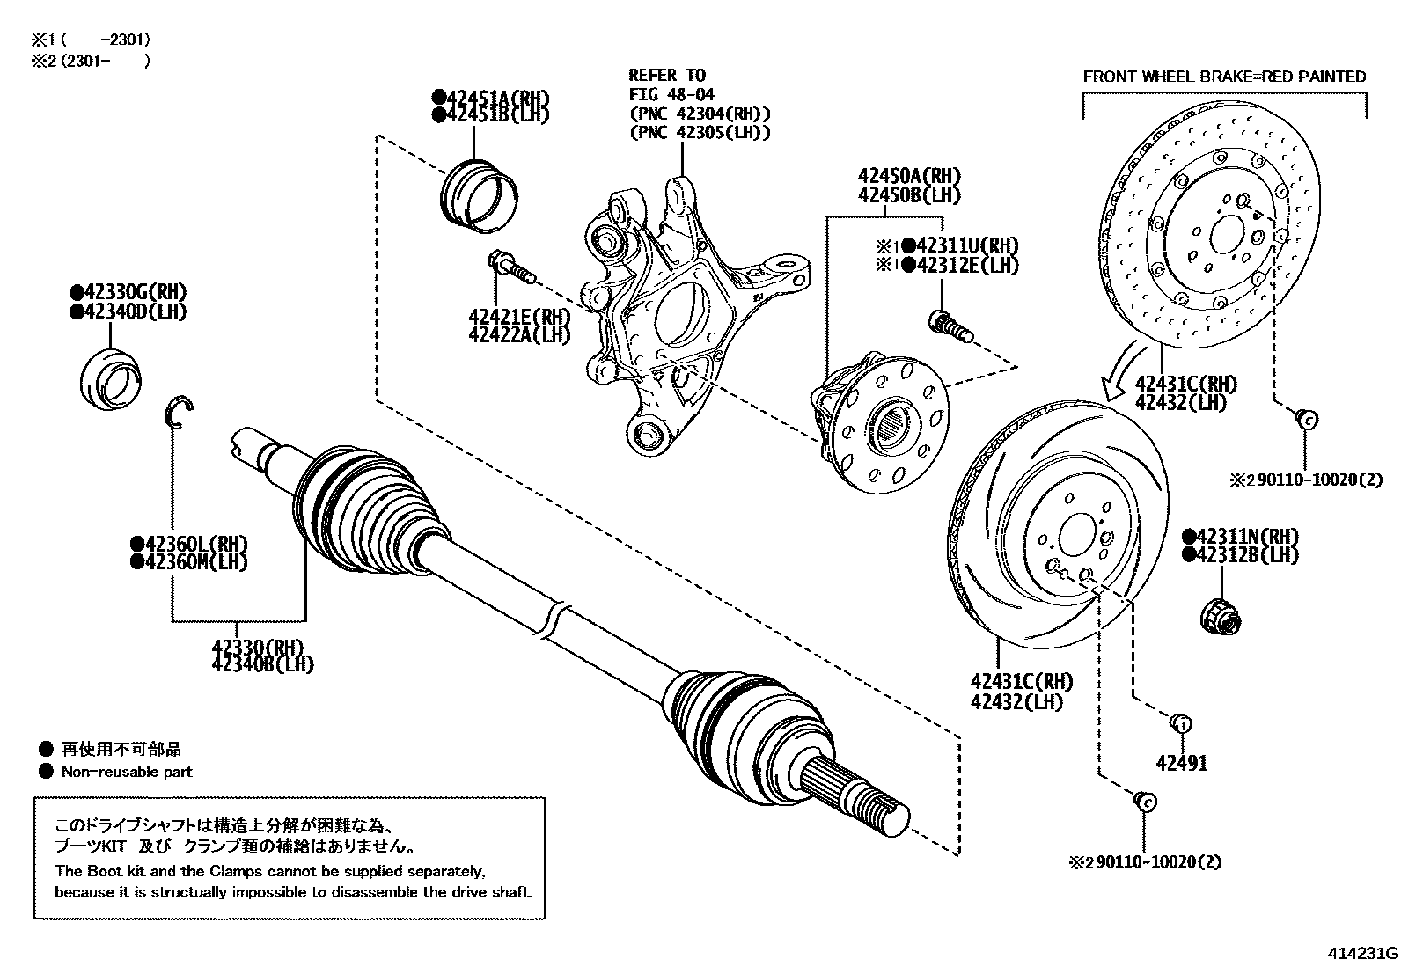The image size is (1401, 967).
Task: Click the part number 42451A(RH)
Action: pyautogui.click(x=489, y=97)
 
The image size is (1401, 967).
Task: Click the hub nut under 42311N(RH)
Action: pyautogui.click(x=1221, y=614)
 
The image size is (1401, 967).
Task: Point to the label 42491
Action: pyautogui.click(x=1181, y=763)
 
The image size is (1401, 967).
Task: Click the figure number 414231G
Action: pyautogui.click(x=1362, y=953)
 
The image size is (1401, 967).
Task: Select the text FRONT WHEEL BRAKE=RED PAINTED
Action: pyautogui.click(x=1224, y=77)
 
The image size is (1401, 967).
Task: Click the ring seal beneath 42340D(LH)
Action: pyautogui.click(x=109, y=381)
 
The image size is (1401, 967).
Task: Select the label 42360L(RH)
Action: pyautogui.click(x=188, y=544)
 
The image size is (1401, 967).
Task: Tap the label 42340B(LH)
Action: pyautogui.click(x=262, y=664)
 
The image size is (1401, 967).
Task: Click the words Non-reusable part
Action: pyautogui.click(x=126, y=772)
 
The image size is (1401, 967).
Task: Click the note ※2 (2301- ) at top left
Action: pyautogui.click(x=91, y=61)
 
